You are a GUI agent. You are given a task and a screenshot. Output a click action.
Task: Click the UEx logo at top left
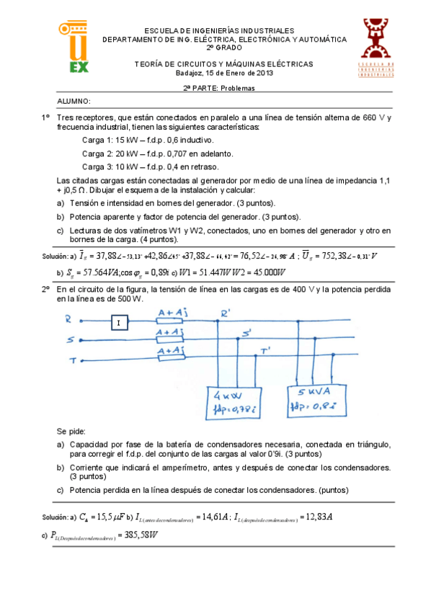[74, 48]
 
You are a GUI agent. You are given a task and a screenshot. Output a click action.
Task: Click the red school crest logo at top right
[375, 46]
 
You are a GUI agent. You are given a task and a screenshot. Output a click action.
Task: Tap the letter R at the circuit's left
[68, 318]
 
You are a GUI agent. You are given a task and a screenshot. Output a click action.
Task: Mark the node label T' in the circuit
[266, 351]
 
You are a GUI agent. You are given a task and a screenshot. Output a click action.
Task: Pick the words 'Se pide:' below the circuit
[71, 431]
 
